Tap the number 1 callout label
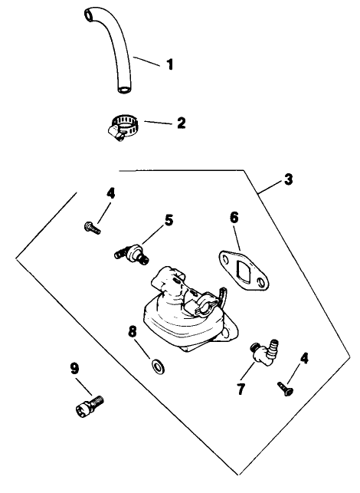(x=169, y=65)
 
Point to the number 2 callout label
(x=182, y=122)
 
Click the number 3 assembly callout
(x=287, y=180)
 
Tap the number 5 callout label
(x=169, y=219)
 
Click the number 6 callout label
(x=234, y=218)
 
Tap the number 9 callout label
(x=75, y=369)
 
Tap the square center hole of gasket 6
(x=244, y=274)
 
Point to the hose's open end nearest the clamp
(x=123, y=90)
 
